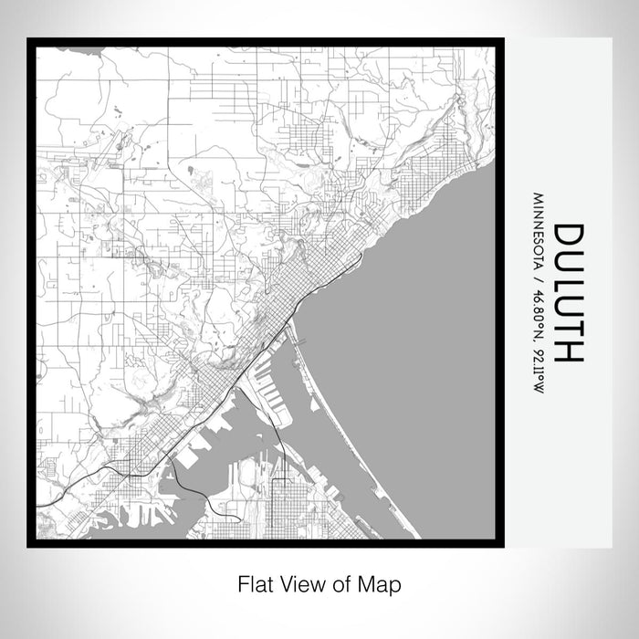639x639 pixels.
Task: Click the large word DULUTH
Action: [x=566, y=293]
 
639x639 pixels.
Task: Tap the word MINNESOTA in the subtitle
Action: [x=539, y=226]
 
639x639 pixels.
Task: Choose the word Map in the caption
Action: [x=384, y=583]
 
